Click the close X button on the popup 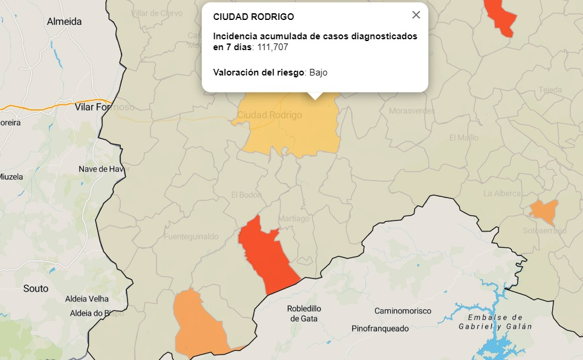click(416, 15)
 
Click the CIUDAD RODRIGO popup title click(254, 17)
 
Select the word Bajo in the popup click(318, 72)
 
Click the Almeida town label click(64, 22)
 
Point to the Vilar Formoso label click(105, 107)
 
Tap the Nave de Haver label click(104, 169)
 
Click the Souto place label click(36, 288)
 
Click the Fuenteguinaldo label click(191, 237)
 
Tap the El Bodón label click(246, 194)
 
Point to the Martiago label click(294, 219)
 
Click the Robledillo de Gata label click(304, 313)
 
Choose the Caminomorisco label click(403, 310)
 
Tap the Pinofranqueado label click(380, 329)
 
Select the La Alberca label click(502, 193)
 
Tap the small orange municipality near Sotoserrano click(544, 210)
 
